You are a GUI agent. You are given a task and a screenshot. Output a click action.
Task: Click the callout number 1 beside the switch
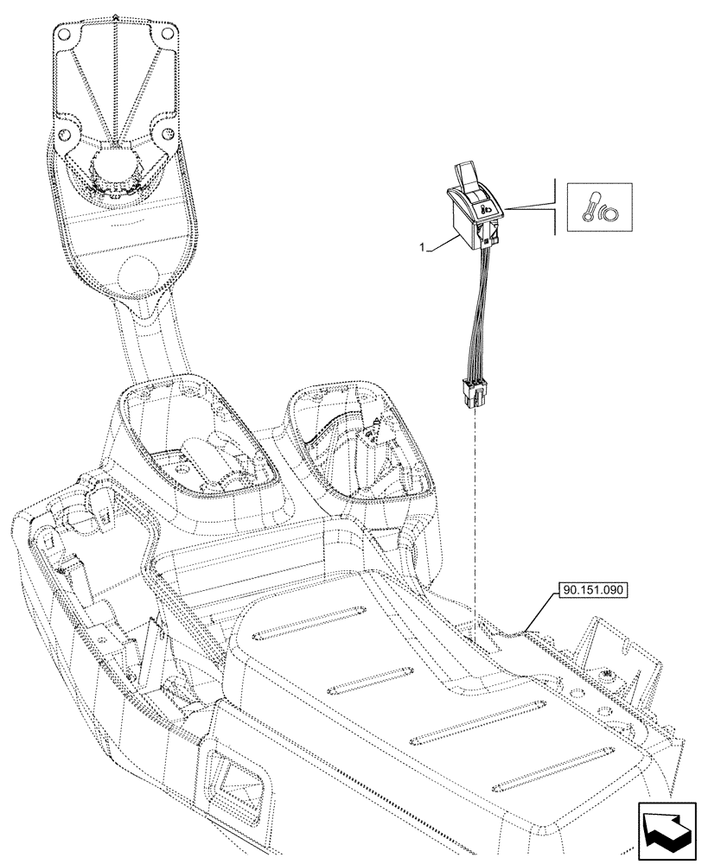(x=422, y=248)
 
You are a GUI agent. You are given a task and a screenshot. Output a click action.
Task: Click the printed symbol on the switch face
(x=487, y=207)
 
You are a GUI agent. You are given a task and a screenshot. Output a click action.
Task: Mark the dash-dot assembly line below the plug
(x=474, y=518)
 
